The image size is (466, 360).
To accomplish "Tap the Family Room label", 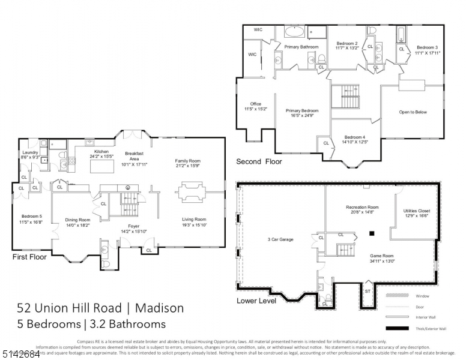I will (187, 161).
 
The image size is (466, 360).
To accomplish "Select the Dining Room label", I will (77, 220).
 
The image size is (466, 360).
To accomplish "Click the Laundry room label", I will (30, 152).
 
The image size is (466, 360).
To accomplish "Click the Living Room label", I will (194, 220).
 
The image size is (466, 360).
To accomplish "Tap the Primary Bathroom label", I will (301, 47).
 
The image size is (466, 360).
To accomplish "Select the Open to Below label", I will (413, 112).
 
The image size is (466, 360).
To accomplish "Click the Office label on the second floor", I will (255, 104).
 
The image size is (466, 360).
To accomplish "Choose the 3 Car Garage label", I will (280, 239).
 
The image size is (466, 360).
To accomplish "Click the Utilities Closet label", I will (416, 211).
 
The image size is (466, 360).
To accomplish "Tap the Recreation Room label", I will (362, 208).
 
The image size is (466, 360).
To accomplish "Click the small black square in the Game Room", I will (372, 233).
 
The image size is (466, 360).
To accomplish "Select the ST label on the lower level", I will (368, 291).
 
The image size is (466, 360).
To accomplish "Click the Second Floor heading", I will (259, 161).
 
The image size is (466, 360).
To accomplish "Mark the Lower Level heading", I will (256, 301).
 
